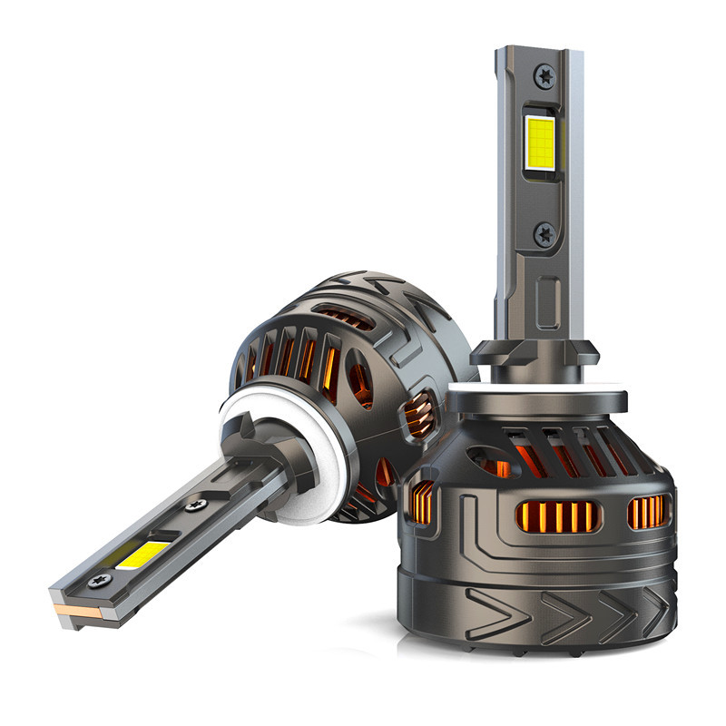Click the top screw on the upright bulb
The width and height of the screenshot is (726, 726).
tap(545, 76)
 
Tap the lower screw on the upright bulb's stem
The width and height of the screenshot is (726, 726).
tap(545, 235)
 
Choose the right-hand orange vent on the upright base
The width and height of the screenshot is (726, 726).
tap(646, 512)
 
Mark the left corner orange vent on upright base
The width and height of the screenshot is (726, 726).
tap(422, 502)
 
